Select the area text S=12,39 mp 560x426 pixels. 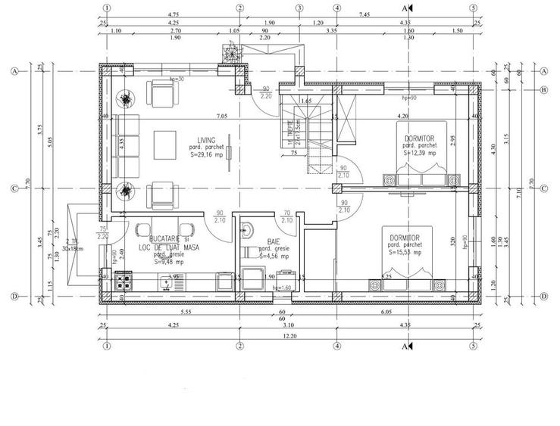click(421, 152)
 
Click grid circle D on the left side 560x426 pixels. click(14, 296)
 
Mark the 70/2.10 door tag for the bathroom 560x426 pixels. click(286, 218)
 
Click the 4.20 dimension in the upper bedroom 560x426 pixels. click(402, 117)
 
